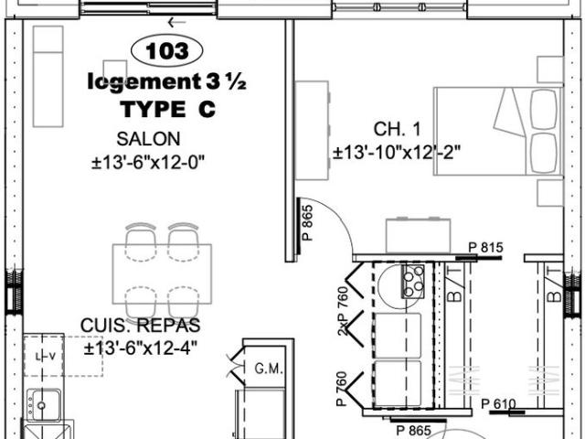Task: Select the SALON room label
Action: click(x=148, y=139)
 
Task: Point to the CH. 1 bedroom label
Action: click(x=394, y=129)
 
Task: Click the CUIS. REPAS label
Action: click(x=140, y=326)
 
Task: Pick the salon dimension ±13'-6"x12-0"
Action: click(x=147, y=162)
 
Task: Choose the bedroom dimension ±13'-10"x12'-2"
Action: click(x=395, y=152)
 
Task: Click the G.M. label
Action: click(x=267, y=369)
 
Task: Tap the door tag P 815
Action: click(x=485, y=248)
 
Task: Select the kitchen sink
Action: click(x=43, y=403)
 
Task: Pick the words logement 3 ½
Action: click(x=167, y=81)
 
